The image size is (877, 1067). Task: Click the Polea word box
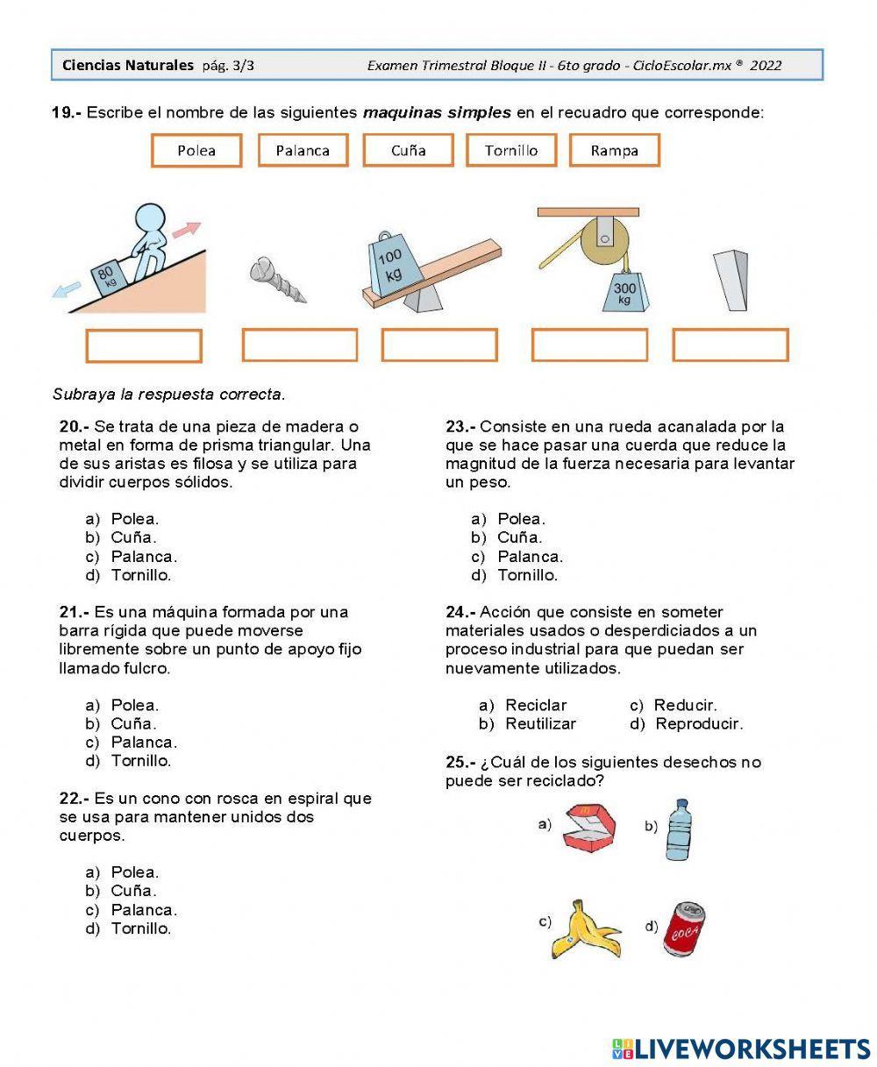click(x=196, y=150)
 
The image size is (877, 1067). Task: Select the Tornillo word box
click(x=511, y=150)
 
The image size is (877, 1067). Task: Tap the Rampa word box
click(x=614, y=150)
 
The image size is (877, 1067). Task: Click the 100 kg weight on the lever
click(x=390, y=265)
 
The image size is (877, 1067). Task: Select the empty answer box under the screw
click(x=299, y=345)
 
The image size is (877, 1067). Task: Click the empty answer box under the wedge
click(x=730, y=345)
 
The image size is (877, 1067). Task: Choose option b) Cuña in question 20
click(x=133, y=537)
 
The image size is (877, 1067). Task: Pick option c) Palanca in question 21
click(x=144, y=743)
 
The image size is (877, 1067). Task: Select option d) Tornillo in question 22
click(x=140, y=928)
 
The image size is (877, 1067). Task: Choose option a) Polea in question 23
click(x=521, y=519)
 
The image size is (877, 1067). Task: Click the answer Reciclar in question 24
click(x=536, y=705)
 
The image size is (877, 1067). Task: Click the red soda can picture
click(x=685, y=928)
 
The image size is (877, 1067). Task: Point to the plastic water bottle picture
click(x=680, y=829)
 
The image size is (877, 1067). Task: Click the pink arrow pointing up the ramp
click(x=186, y=231)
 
